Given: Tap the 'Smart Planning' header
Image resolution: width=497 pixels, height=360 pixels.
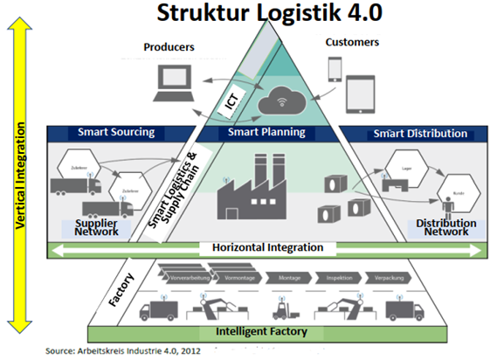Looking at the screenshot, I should click(266, 134).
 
